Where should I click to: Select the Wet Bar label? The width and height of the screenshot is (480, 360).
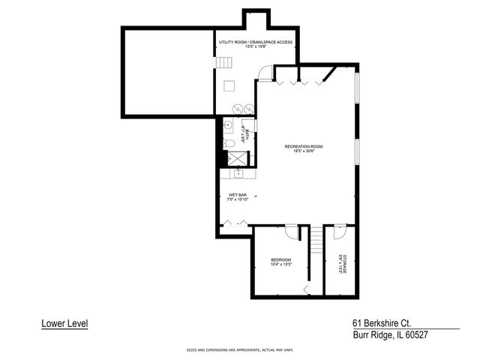238,198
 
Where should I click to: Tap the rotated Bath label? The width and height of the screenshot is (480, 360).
243,136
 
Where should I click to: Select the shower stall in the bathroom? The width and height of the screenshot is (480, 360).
237,159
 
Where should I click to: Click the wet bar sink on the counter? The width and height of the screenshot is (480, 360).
239,173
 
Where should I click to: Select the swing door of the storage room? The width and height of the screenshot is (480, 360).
339,229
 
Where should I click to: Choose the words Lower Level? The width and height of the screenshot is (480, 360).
64,324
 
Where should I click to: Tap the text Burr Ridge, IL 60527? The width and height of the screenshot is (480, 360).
390,335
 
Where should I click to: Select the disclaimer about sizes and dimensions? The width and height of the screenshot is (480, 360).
239,350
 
